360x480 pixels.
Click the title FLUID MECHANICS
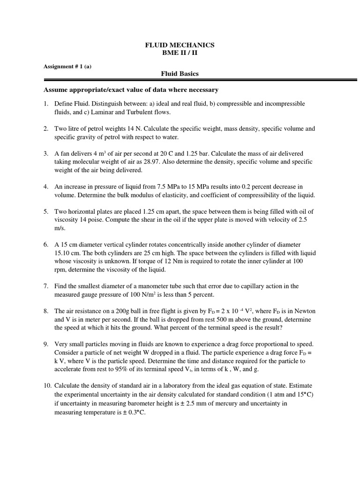(180, 45)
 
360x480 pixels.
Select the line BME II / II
(180, 53)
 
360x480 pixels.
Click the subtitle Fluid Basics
(180, 74)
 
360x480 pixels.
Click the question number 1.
(46, 103)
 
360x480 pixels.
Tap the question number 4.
(46, 187)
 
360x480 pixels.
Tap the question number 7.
(46, 286)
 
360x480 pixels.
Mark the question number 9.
(46, 344)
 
